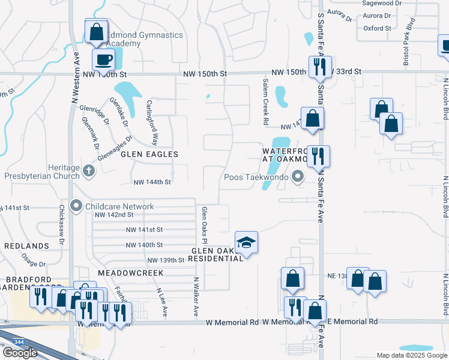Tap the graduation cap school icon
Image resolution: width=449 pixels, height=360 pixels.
click(246, 242)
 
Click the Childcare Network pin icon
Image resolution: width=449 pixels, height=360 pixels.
click(76, 206)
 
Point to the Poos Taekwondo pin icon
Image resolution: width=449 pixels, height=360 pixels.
click(297, 176)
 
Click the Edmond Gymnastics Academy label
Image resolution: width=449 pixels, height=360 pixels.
click(144, 39)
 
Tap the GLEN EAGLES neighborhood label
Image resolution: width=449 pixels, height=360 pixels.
click(149, 154)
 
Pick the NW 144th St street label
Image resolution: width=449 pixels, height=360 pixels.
click(152, 182)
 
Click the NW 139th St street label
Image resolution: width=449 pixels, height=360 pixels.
click(165, 260)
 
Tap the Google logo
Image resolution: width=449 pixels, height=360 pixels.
click(20, 353)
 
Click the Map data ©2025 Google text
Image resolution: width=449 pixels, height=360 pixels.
click(411, 355)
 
